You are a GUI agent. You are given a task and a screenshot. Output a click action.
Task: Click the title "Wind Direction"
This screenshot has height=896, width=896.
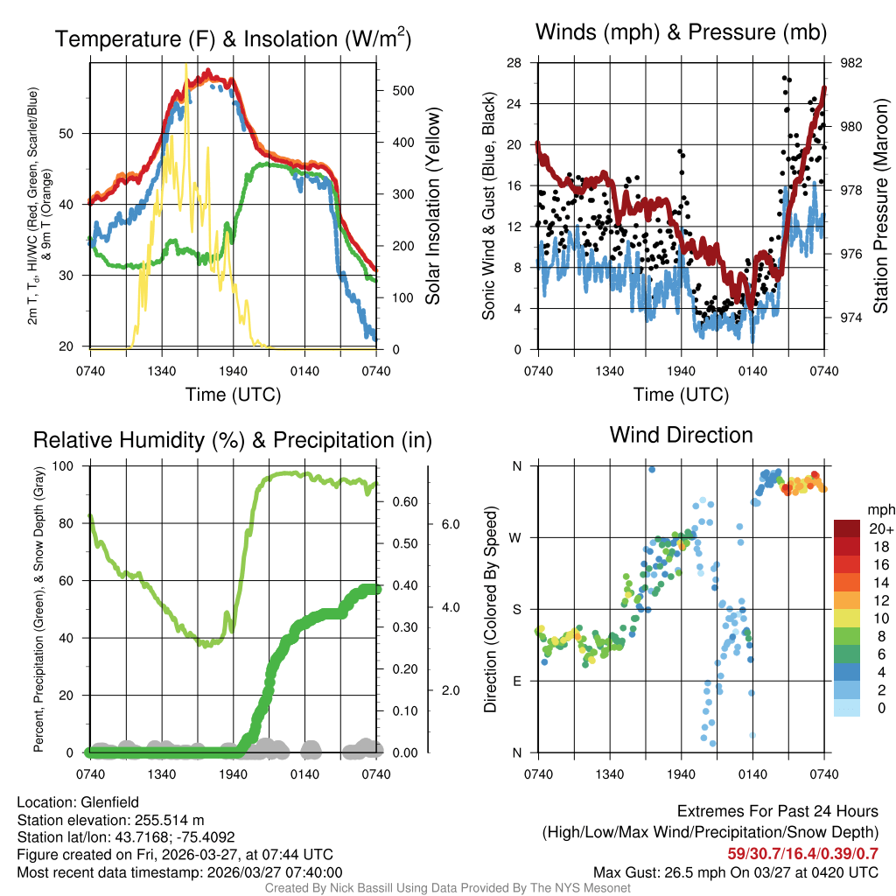(x=681, y=435)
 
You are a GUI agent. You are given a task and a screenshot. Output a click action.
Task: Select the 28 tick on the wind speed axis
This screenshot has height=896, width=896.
(x=514, y=63)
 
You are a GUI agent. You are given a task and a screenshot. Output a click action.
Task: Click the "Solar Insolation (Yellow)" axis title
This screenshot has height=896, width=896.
(x=432, y=206)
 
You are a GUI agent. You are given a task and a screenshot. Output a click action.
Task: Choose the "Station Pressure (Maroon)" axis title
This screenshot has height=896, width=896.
(x=880, y=206)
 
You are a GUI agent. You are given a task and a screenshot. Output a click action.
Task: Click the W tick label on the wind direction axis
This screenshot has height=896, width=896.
(x=516, y=537)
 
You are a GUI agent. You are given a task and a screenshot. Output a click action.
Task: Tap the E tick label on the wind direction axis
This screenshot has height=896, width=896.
(x=516, y=681)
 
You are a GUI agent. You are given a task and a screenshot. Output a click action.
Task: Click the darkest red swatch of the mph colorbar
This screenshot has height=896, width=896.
(x=847, y=528)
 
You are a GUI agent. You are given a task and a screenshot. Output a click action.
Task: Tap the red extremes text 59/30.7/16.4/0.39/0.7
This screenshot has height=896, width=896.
(x=802, y=853)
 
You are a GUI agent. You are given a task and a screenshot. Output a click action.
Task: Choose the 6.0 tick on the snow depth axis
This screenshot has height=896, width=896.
(x=450, y=524)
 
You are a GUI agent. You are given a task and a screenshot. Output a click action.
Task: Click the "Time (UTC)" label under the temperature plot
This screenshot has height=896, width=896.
(x=233, y=395)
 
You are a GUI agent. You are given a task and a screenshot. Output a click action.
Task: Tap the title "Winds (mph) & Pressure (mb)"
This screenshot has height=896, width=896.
(x=681, y=33)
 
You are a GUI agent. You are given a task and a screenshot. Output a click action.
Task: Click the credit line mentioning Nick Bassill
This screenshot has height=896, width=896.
(x=448, y=888)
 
